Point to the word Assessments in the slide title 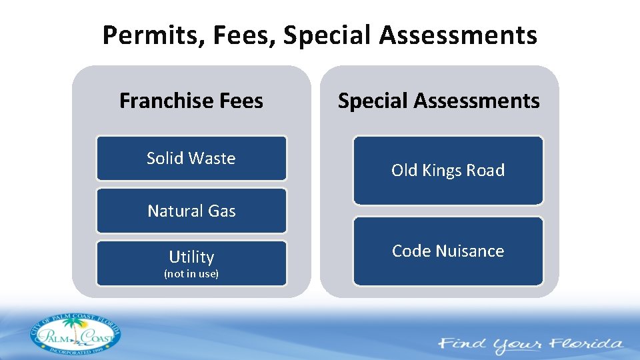[x=458, y=35]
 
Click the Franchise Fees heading [x=191, y=101]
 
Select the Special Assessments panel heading [x=439, y=101]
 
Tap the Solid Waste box [x=191, y=158]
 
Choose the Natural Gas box [x=191, y=211]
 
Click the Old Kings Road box [x=448, y=171]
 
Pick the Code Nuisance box [x=448, y=251]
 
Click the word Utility [x=191, y=257]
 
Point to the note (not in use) [x=191, y=274]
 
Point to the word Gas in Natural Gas [x=222, y=211]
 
